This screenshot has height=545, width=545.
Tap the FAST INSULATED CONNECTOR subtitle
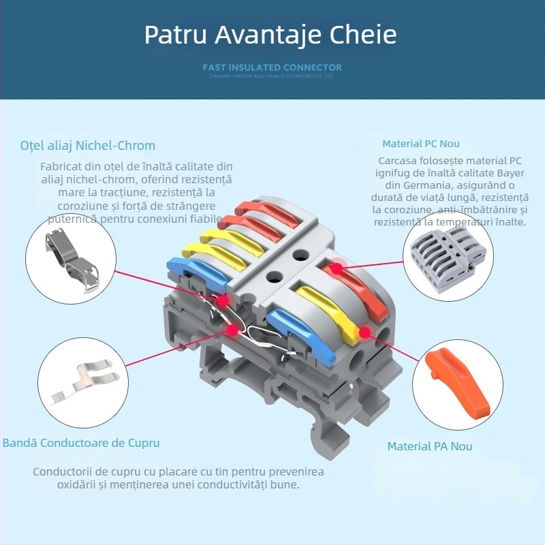click(x=272, y=67)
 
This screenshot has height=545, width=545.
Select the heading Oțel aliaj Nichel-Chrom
click(x=88, y=145)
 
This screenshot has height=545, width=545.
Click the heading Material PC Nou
click(x=421, y=144)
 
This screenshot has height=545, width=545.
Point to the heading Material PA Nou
click(x=430, y=446)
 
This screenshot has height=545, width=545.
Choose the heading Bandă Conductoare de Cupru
click(x=81, y=443)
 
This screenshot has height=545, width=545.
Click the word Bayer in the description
click(x=509, y=173)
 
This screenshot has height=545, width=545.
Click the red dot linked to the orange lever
click(x=364, y=333)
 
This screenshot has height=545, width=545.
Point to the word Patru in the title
click(x=175, y=35)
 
